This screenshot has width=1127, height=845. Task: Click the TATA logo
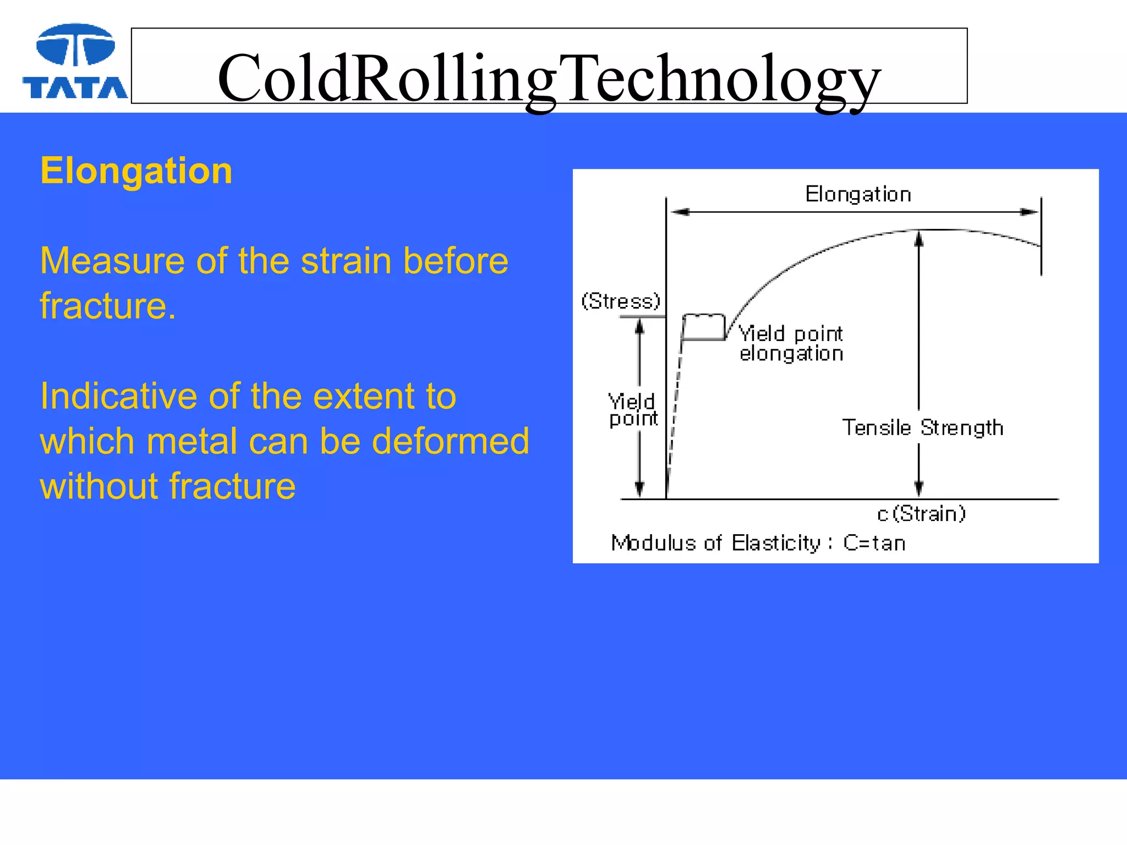point(75,62)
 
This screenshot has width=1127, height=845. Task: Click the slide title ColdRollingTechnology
point(549,78)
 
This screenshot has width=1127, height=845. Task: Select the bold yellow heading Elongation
point(136,171)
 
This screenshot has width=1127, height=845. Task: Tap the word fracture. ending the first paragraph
point(108,306)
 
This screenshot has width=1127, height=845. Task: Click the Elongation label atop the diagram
point(858,194)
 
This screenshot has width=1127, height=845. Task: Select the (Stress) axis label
point(621,301)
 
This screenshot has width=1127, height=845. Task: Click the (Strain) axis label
point(928,513)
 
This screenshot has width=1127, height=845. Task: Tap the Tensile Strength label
point(922,427)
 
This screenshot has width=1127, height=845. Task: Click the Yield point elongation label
point(791,343)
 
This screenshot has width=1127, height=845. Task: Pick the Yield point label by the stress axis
point(633,410)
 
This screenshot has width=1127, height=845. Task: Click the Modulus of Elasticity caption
point(715,543)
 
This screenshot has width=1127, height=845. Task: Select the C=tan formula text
point(874,543)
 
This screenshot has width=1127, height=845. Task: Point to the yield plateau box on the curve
point(704,327)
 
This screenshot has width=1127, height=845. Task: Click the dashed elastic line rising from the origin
point(675,407)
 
